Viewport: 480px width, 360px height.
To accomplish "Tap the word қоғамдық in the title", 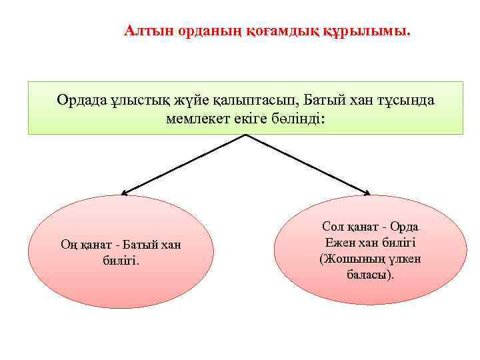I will click(x=264, y=31).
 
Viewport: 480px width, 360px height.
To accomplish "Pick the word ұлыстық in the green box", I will click(x=132, y=101).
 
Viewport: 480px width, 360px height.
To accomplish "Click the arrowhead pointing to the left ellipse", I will click(x=124, y=193).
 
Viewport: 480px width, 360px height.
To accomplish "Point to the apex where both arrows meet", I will click(x=247, y=135).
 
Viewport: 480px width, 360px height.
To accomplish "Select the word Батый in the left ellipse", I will click(x=137, y=245).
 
